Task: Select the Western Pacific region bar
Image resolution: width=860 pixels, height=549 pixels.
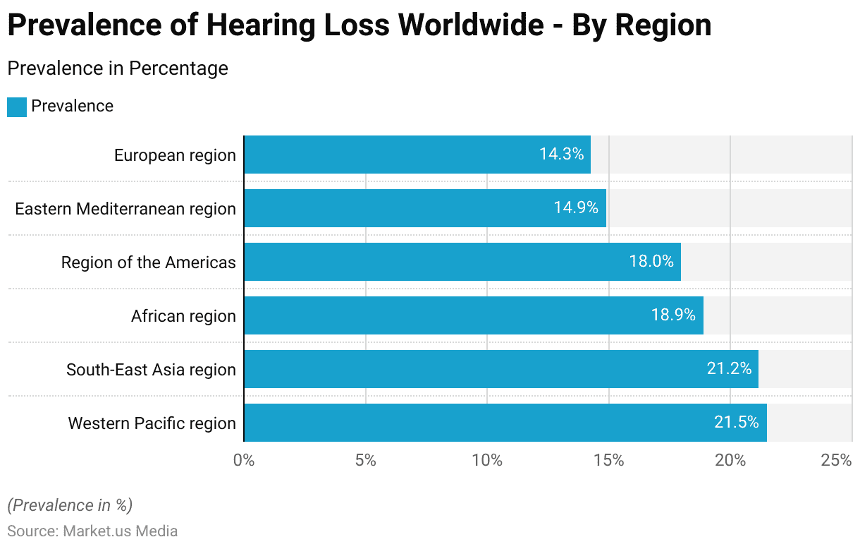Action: pos(505,423)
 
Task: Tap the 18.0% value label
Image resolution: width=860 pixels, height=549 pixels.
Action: pos(651,262)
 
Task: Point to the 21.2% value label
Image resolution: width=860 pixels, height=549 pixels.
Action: pos(729,369)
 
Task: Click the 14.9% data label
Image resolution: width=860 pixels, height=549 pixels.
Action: pos(576,208)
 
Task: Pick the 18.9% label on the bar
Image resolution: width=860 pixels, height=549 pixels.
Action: pos(673,315)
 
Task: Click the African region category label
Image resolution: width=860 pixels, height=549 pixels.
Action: pos(183,316)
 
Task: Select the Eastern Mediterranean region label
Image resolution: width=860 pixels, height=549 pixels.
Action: pos(125,209)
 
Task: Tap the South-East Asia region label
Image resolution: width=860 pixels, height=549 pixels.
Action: pos(151,370)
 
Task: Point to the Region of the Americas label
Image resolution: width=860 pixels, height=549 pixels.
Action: pos(148,263)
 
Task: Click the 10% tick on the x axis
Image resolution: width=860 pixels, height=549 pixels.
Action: pos(487,461)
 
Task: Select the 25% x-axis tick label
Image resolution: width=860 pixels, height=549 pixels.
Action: pos(837,461)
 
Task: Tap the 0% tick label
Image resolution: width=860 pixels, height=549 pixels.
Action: pos(244,461)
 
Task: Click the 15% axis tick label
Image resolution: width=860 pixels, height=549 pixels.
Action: pos(609,461)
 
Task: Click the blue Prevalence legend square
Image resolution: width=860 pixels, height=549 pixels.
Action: pos(17,107)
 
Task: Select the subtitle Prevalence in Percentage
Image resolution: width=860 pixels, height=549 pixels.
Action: pos(118,68)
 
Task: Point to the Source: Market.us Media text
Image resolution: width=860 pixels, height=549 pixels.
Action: pos(92,531)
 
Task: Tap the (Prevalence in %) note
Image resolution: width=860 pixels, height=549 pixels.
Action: pos(70,505)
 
